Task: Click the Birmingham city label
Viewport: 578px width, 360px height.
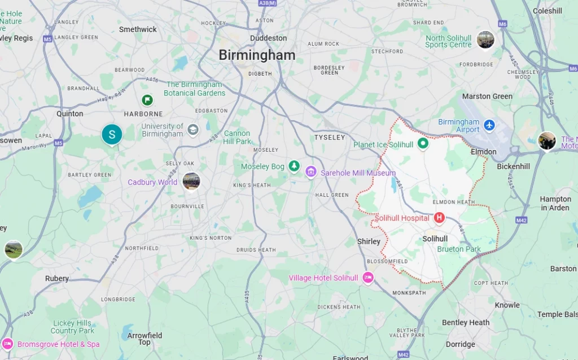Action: [257, 55]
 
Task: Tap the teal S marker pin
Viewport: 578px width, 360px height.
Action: [112, 134]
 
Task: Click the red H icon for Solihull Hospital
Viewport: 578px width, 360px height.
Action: [439, 218]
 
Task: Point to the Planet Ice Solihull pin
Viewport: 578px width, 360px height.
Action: [423, 144]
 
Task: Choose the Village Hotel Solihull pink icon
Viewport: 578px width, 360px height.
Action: [368, 278]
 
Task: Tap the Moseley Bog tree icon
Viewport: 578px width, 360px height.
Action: [294, 166]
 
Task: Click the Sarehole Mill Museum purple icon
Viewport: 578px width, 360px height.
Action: [310, 172]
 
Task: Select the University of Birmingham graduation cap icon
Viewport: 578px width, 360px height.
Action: [193, 130]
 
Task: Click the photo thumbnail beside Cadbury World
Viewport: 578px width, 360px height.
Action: [191, 182]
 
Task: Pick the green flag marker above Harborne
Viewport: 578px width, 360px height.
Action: [147, 100]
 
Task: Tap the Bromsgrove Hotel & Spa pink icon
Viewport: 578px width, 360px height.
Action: [7, 344]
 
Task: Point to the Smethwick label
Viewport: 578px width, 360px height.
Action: [138, 29]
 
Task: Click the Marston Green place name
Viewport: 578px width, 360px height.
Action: [487, 96]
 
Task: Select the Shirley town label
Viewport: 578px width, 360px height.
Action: [369, 242]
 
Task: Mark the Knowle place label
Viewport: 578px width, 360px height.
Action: [507, 305]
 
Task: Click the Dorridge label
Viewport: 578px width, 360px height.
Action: [461, 344]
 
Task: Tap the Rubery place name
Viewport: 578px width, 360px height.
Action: [57, 279]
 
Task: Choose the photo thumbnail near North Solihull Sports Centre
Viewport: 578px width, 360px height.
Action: [485, 39]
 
